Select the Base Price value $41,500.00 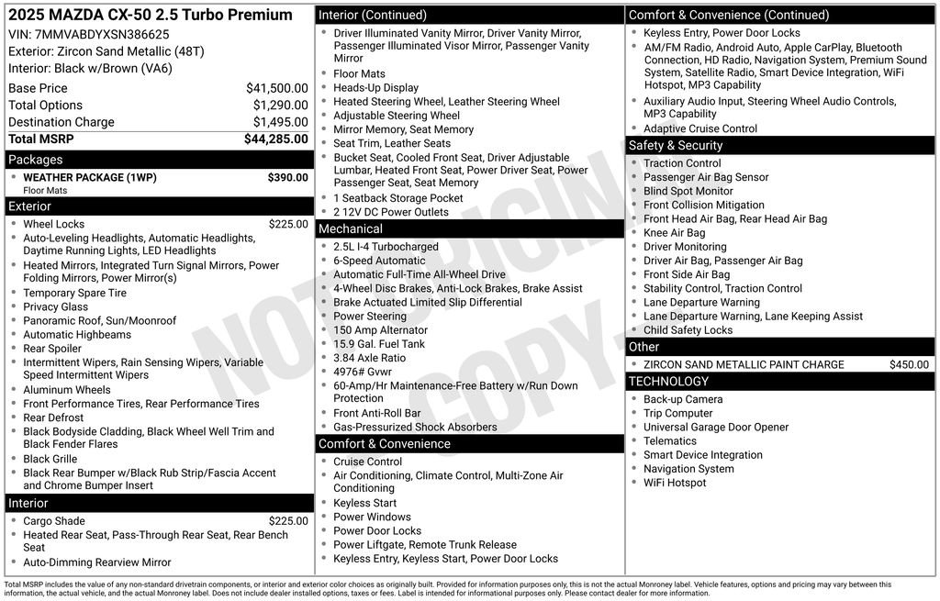click(x=276, y=88)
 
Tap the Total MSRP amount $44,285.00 click(x=275, y=139)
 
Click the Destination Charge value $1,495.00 click(x=280, y=122)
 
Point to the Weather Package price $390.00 click(x=287, y=177)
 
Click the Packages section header click(x=36, y=160)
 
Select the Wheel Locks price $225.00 click(x=288, y=224)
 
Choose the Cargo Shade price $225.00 click(x=288, y=521)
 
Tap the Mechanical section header click(x=350, y=228)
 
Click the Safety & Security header click(x=675, y=145)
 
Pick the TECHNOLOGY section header click(x=668, y=381)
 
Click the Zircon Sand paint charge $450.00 click(x=909, y=364)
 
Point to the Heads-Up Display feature click(x=375, y=88)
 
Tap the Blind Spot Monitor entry click(x=688, y=191)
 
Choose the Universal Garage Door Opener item click(x=715, y=427)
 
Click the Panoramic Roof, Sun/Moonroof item click(x=99, y=321)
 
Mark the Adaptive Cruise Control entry click(x=699, y=128)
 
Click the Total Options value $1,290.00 click(x=280, y=106)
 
